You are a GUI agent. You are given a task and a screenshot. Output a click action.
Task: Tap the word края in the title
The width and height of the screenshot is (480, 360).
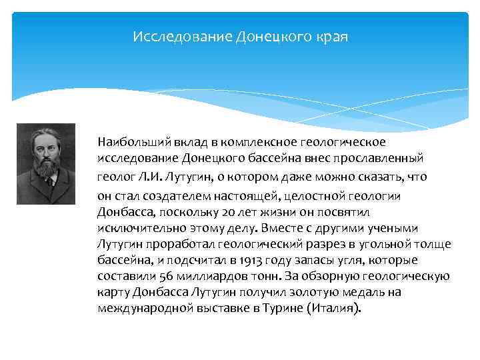[x=332, y=35]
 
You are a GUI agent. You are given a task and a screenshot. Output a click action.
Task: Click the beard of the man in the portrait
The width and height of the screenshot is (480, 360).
[x=46, y=166]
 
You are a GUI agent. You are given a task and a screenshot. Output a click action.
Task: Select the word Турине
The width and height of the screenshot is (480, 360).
[x=278, y=309]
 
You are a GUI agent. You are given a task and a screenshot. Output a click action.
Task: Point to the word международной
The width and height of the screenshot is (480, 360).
[x=139, y=309]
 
